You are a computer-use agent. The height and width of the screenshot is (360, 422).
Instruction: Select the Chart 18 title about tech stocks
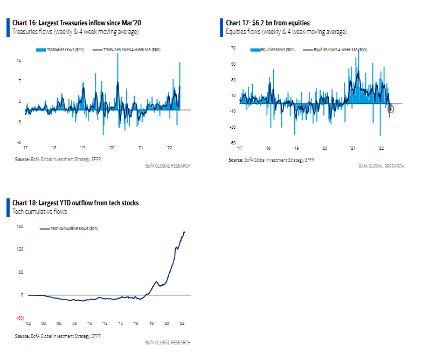(x=75, y=203)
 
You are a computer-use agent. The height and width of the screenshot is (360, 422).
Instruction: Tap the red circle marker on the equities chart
(x=391, y=109)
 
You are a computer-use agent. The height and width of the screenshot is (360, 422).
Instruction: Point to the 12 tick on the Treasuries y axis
(x=19, y=60)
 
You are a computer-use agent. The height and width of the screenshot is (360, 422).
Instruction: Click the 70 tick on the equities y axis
(x=233, y=48)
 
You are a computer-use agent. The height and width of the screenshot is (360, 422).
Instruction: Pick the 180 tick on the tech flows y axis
(x=19, y=226)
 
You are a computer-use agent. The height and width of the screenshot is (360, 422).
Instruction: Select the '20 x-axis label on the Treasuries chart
(x=111, y=147)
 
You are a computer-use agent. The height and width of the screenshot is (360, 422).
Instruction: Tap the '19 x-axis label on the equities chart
(x=295, y=147)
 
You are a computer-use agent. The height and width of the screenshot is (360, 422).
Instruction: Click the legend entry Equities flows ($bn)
(x=276, y=50)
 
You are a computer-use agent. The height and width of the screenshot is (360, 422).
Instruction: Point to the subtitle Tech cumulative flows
(x=39, y=212)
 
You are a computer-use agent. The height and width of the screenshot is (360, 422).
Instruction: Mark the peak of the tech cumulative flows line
(x=184, y=232)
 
